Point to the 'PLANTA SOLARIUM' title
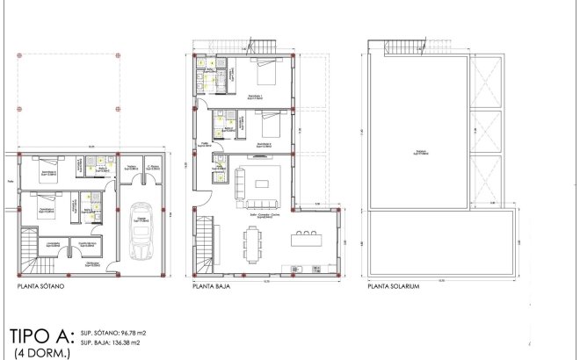tap(394, 285)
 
